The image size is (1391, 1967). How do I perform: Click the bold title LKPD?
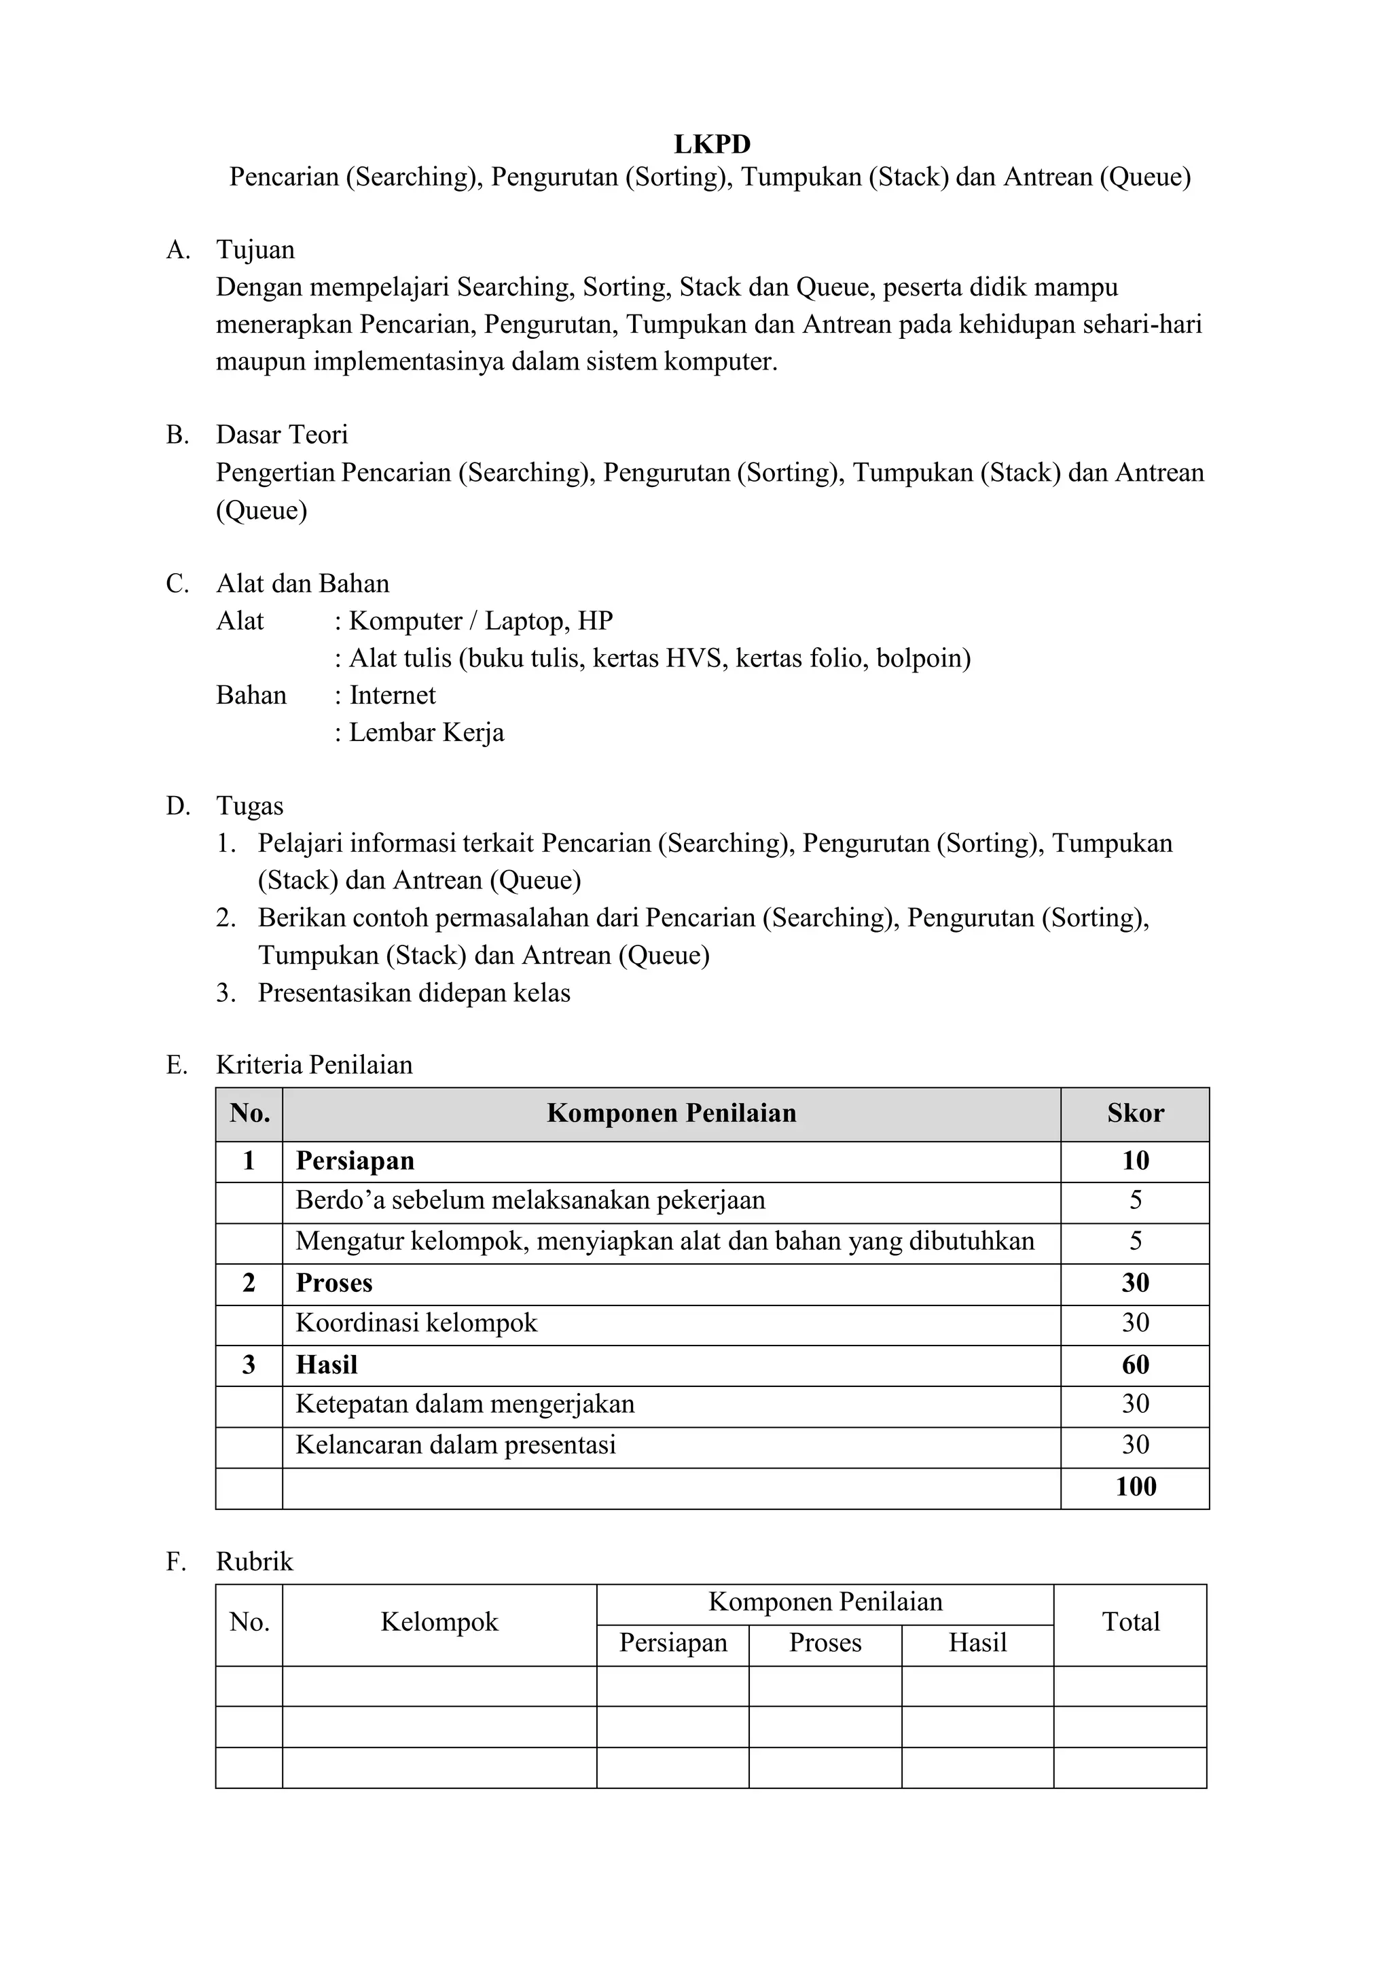712,143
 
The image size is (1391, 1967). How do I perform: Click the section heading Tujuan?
255,250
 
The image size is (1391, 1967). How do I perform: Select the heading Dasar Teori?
282,435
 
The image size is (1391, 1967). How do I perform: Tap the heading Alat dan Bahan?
302,583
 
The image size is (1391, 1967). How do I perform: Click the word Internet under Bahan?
393,695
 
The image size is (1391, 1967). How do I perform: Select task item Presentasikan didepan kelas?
414,993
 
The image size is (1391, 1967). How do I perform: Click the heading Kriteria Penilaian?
314,1065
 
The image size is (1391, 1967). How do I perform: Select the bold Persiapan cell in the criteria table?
355,1161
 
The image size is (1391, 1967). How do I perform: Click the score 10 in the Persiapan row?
1135,1161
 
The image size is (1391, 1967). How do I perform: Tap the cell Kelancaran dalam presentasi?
456,1445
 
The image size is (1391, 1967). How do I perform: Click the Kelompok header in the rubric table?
439,1622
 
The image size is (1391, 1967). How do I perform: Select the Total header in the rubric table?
1131,1622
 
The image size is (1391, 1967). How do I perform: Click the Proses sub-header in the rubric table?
825,1642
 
